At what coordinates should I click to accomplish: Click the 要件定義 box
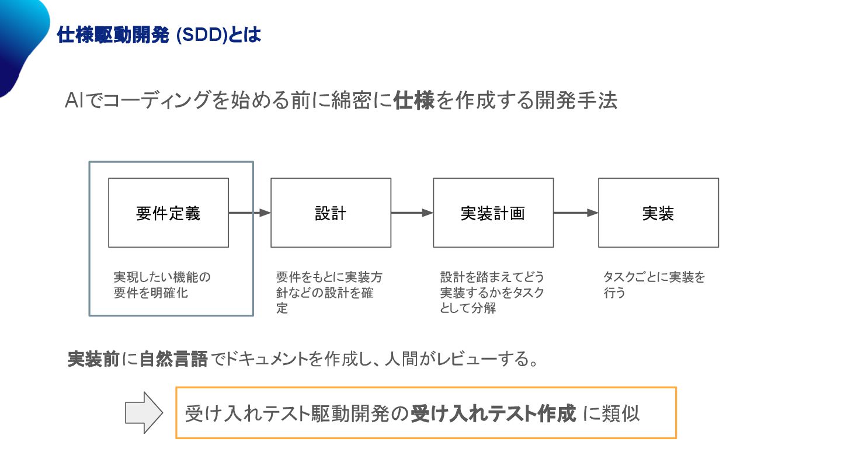[x=168, y=213]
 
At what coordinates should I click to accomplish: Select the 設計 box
[x=331, y=213]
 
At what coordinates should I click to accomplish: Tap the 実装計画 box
[x=493, y=213]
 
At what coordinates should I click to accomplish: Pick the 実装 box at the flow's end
[x=658, y=213]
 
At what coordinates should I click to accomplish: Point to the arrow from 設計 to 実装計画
[x=412, y=213]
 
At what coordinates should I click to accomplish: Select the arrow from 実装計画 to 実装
[x=576, y=213]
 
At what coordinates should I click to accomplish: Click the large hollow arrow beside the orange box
[x=144, y=413]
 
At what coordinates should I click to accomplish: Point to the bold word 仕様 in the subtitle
[x=414, y=100]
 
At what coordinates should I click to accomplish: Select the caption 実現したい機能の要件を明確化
[x=162, y=285]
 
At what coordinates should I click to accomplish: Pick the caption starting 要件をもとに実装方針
[x=329, y=292]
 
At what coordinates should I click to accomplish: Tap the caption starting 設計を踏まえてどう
[x=492, y=292]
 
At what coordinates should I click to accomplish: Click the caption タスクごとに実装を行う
[x=654, y=285]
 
